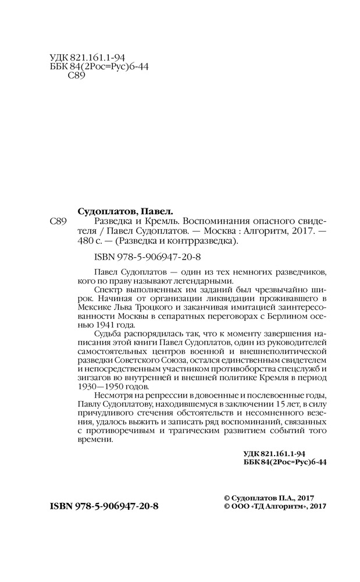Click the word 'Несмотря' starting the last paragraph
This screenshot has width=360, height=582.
(x=111, y=396)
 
